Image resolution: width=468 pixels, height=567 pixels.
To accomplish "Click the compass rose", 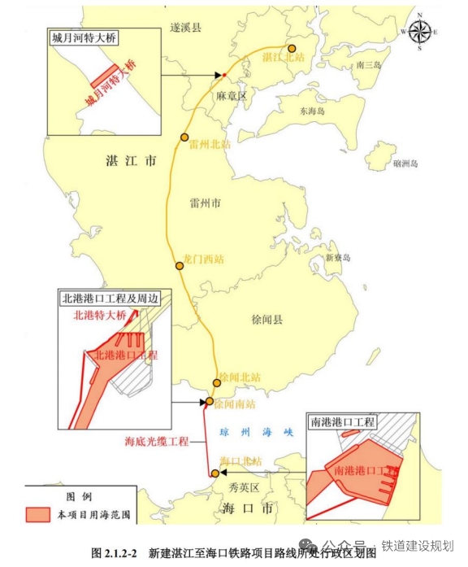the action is (x=420, y=32).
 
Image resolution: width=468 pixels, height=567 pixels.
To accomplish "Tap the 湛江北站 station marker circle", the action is (x=292, y=48).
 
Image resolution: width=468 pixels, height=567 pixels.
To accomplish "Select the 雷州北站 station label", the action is (x=210, y=144).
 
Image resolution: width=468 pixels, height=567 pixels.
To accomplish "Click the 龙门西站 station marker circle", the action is (x=180, y=266).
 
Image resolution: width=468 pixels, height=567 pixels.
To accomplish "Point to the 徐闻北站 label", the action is (x=241, y=377).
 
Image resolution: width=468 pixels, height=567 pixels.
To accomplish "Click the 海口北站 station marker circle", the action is (x=214, y=473).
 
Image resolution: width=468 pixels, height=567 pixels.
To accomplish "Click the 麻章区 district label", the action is (x=231, y=96).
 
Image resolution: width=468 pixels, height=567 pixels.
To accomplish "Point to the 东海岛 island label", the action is (x=312, y=111).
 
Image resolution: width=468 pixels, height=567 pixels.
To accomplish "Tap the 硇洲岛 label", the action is (x=405, y=164).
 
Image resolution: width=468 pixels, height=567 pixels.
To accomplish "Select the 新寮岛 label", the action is (x=337, y=258).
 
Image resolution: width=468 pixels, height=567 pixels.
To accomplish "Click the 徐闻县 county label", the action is (x=267, y=321).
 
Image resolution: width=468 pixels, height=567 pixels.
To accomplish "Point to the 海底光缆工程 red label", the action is (x=157, y=442).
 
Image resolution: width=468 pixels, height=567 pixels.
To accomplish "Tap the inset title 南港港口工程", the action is (x=343, y=421).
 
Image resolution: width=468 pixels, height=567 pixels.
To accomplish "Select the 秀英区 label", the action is (x=243, y=488).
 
